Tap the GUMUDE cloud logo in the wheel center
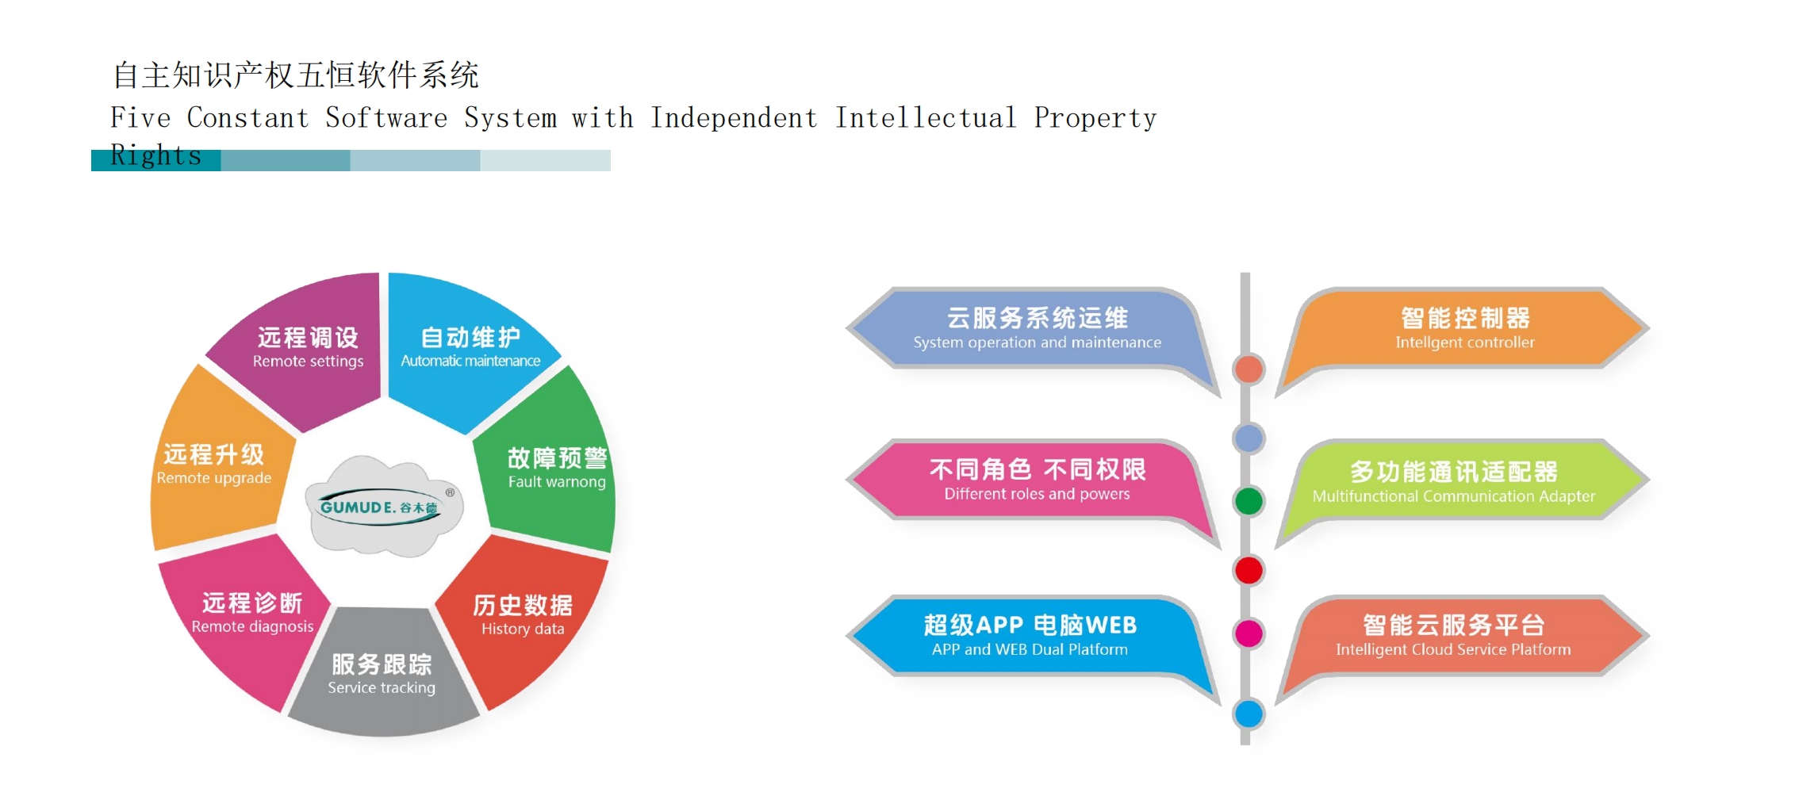click(x=382, y=506)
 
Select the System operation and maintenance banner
click(x=1035, y=329)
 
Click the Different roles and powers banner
click(x=1035, y=480)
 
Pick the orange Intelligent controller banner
click(x=1463, y=329)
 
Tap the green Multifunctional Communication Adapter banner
click(x=1463, y=480)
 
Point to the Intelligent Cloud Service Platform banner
click(x=1463, y=636)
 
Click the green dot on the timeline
click(x=1249, y=501)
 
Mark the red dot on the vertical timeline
click(x=1249, y=570)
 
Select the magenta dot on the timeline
click(x=1249, y=633)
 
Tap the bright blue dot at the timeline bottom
click(x=1249, y=714)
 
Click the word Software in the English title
click(x=386, y=118)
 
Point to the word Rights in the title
click(x=155, y=155)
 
